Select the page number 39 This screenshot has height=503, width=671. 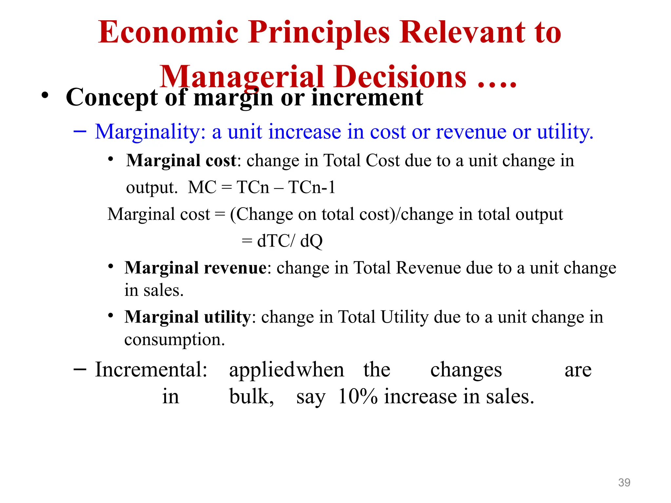pos(624,482)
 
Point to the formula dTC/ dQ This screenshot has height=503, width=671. pos(290,241)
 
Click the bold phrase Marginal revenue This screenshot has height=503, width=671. pos(196,268)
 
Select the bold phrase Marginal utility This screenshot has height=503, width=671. pos(187,317)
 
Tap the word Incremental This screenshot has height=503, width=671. pos(151,370)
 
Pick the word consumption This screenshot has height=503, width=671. pos(174,340)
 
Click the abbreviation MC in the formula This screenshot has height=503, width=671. pos(202,188)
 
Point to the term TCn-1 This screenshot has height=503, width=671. pos(312,188)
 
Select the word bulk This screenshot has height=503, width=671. pos(251,397)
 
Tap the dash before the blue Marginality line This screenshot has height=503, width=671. pos(80,132)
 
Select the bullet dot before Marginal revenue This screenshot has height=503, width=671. pos(111,266)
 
